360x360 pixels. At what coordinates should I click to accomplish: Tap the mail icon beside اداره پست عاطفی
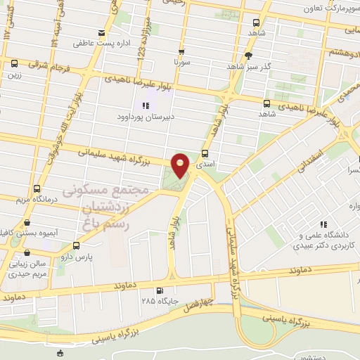103,34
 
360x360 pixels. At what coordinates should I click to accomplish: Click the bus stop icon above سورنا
182,51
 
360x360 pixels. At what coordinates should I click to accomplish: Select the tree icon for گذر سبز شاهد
247,56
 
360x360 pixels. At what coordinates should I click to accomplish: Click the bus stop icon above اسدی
205,153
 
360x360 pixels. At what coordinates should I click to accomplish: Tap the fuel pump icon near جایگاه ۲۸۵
160,291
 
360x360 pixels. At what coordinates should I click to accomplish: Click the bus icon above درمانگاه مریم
37,188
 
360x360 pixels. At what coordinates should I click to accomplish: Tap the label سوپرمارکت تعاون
331,9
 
